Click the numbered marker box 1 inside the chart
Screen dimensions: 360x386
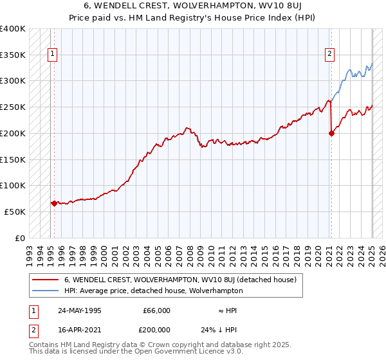(51, 54)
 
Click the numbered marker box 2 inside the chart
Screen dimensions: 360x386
(329, 54)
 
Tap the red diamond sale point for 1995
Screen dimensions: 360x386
(54, 203)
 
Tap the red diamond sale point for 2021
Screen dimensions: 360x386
(331, 134)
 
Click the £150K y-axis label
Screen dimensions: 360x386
(13, 159)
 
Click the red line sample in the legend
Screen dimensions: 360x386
(45, 280)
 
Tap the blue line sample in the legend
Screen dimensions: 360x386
(45, 291)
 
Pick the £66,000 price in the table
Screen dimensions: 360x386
(157, 310)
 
